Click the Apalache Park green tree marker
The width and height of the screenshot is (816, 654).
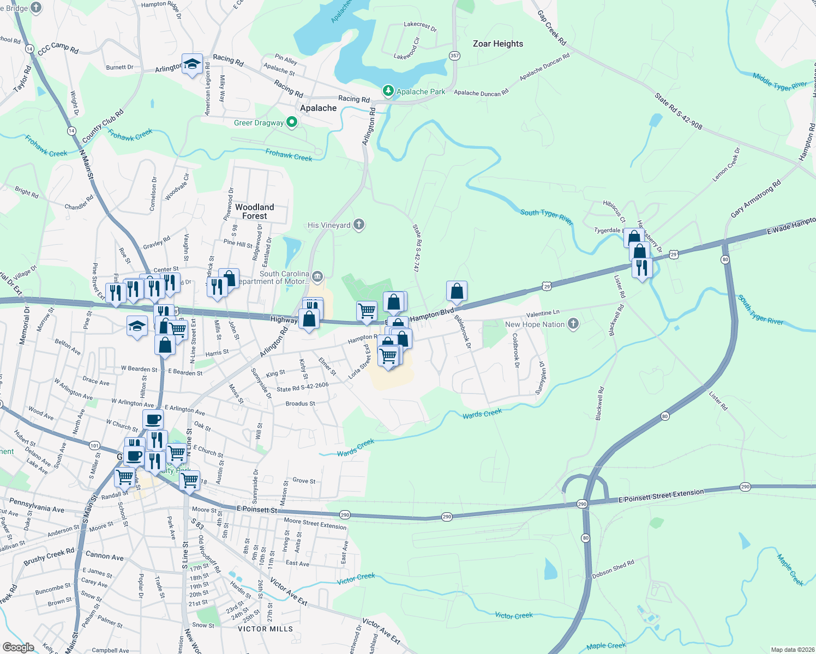tap(388, 91)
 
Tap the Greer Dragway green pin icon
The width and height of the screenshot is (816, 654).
tap(292, 123)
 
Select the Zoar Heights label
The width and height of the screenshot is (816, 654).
tap(497, 44)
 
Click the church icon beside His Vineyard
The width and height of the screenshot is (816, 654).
tap(358, 225)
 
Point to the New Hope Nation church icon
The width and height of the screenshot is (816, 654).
tap(573, 324)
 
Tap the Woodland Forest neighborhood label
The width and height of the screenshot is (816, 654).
tap(255, 211)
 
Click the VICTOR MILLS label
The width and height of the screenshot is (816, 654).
tap(266, 629)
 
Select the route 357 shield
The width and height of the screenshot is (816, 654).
tap(454, 56)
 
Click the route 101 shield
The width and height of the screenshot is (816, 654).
tap(94, 445)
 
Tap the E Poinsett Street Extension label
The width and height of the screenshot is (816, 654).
tap(661, 496)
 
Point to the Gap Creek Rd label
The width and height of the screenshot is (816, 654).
tap(552, 28)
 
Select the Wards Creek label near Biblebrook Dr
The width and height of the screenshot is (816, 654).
tap(482, 414)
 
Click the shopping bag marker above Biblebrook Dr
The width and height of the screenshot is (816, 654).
tap(457, 292)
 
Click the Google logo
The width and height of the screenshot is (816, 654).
tap(18, 647)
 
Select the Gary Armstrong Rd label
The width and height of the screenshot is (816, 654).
tap(756, 199)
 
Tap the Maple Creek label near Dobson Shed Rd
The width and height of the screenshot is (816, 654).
tap(790, 570)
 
